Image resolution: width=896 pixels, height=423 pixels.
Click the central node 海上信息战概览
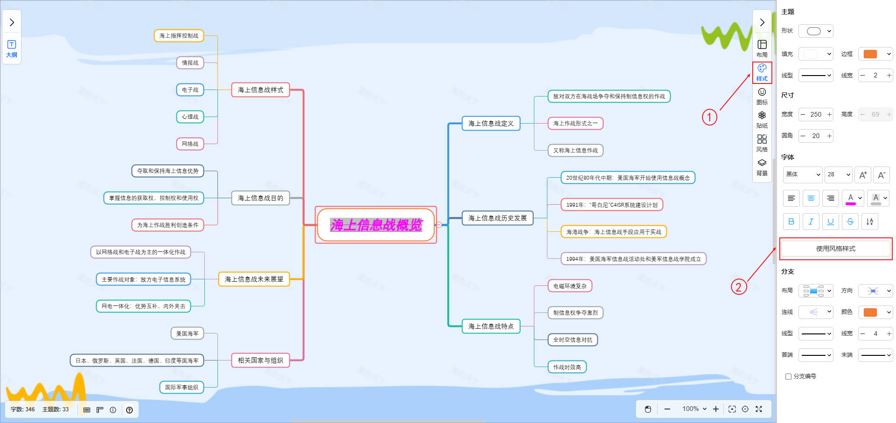click(376, 225)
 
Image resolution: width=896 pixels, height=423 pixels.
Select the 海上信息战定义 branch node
click(490, 124)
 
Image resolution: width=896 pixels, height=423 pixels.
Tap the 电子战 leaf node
click(190, 90)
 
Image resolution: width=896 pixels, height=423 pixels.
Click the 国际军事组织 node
click(182, 387)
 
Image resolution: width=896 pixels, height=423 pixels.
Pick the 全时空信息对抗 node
click(573, 340)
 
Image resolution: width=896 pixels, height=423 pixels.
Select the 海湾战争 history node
click(613, 232)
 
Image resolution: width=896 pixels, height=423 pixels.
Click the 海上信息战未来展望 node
click(254, 279)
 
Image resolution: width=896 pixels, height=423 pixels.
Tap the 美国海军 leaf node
click(187, 333)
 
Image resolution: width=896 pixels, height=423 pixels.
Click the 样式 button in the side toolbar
click(762, 72)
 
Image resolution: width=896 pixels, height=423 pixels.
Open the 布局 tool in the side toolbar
click(762, 48)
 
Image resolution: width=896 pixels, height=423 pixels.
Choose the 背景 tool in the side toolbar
click(762, 167)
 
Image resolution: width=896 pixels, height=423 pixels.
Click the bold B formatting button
click(791, 222)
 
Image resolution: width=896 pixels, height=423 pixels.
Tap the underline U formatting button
click(830, 222)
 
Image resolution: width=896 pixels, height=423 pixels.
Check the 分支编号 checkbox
click(789, 376)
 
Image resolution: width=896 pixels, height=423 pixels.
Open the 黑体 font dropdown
click(802, 174)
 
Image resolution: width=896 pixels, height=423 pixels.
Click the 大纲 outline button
click(12, 49)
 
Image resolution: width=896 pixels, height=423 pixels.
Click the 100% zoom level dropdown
click(694, 409)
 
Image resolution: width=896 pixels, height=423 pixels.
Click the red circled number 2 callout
click(738, 286)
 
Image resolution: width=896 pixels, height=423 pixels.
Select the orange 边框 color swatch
click(870, 54)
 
